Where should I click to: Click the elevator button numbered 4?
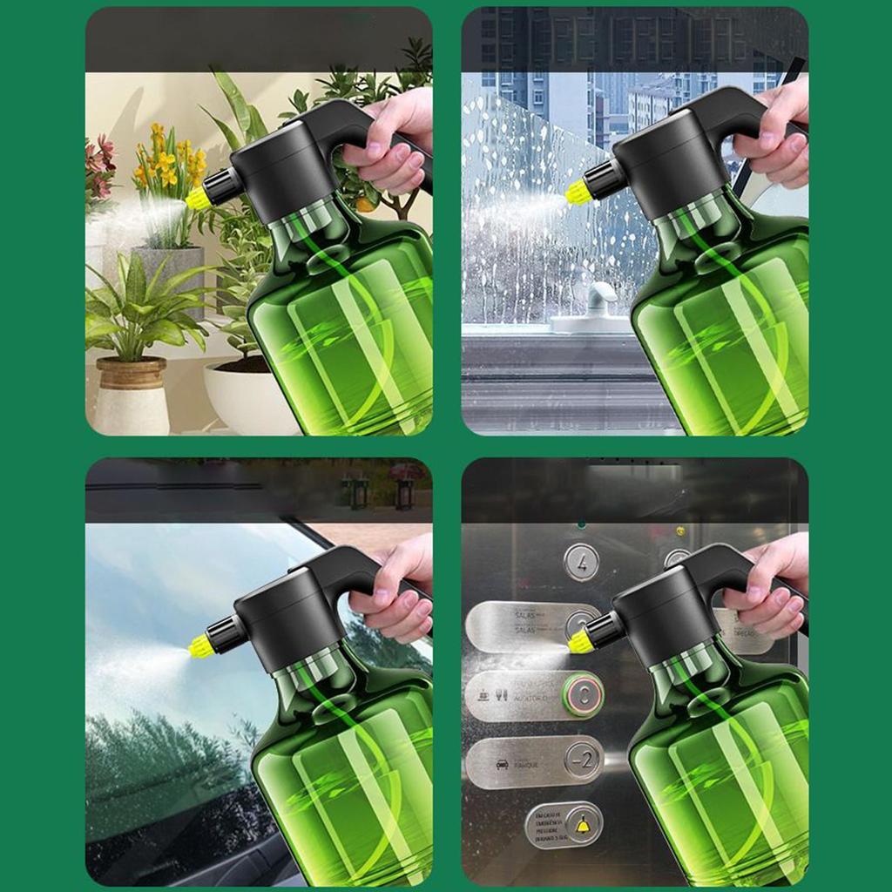click(x=581, y=562)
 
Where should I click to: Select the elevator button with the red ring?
click(x=582, y=694)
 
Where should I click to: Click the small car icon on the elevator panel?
click(x=503, y=765)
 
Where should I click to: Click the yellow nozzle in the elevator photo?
click(x=580, y=643)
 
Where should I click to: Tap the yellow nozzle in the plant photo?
click(x=198, y=198)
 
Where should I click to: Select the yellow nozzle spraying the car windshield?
click(x=201, y=645)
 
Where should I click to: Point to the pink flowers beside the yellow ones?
click(x=99, y=166)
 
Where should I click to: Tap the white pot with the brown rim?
click(x=131, y=396)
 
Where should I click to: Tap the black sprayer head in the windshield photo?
click(x=287, y=610)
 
